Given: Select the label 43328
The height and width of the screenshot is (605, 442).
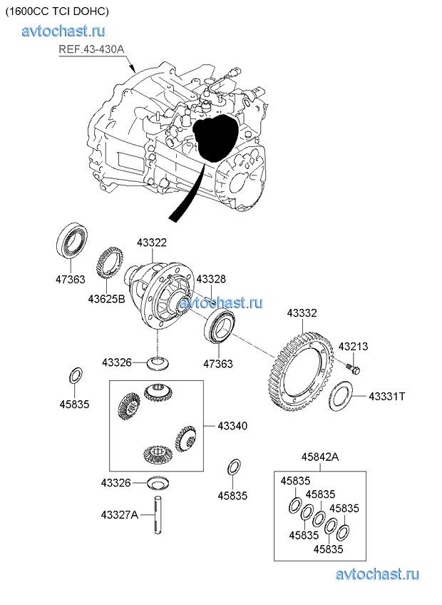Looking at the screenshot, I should tap(210, 279).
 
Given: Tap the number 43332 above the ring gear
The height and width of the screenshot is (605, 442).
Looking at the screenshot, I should tap(302, 312).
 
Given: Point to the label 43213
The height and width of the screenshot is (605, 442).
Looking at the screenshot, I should tap(353, 347).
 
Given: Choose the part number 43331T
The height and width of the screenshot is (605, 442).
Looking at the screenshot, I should tap(387, 396).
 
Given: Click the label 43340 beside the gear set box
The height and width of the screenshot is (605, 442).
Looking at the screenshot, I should tap(227, 426).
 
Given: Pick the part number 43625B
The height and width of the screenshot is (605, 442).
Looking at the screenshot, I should tap(107, 298).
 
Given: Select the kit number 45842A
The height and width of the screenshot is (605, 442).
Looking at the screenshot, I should tap(320, 457).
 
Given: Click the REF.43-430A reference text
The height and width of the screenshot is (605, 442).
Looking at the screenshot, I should tap(91, 49).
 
